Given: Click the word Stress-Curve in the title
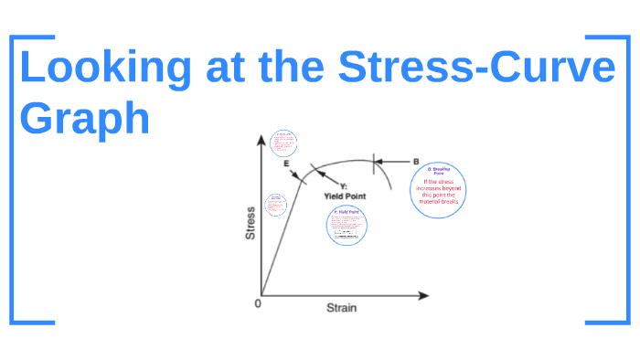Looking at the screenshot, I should (x=475, y=69).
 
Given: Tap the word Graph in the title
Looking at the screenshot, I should (x=84, y=120).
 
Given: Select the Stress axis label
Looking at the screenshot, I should (x=251, y=223).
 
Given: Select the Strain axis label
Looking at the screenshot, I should (x=342, y=308).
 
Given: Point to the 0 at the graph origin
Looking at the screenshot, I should (x=258, y=303).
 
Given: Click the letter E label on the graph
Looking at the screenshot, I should (x=286, y=164).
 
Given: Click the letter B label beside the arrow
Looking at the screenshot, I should (x=416, y=162).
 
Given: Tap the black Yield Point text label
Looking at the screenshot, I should (x=346, y=196).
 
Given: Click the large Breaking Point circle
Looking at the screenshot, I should (x=439, y=189).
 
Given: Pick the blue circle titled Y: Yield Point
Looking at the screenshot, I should (x=347, y=226).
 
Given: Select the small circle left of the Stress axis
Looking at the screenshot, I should (x=275, y=205).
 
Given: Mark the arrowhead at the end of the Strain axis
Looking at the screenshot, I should (x=423, y=296).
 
